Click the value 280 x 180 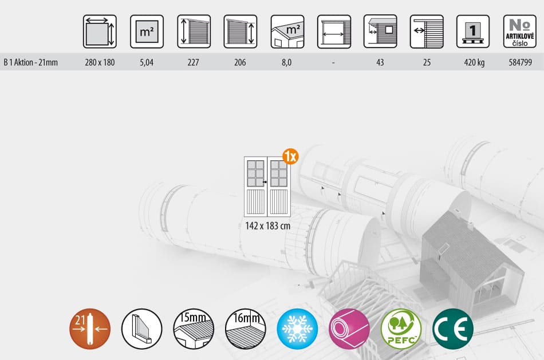tap(100, 62)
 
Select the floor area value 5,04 tap(147, 62)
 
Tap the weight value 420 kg tap(474, 62)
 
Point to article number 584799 tap(520, 62)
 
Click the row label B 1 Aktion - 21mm tap(30, 62)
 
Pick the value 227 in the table tap(193, 62)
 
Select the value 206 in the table tap(240, 62)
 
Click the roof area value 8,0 tap(286, 62)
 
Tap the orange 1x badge tap(290, 156)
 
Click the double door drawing tap(267, 187)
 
